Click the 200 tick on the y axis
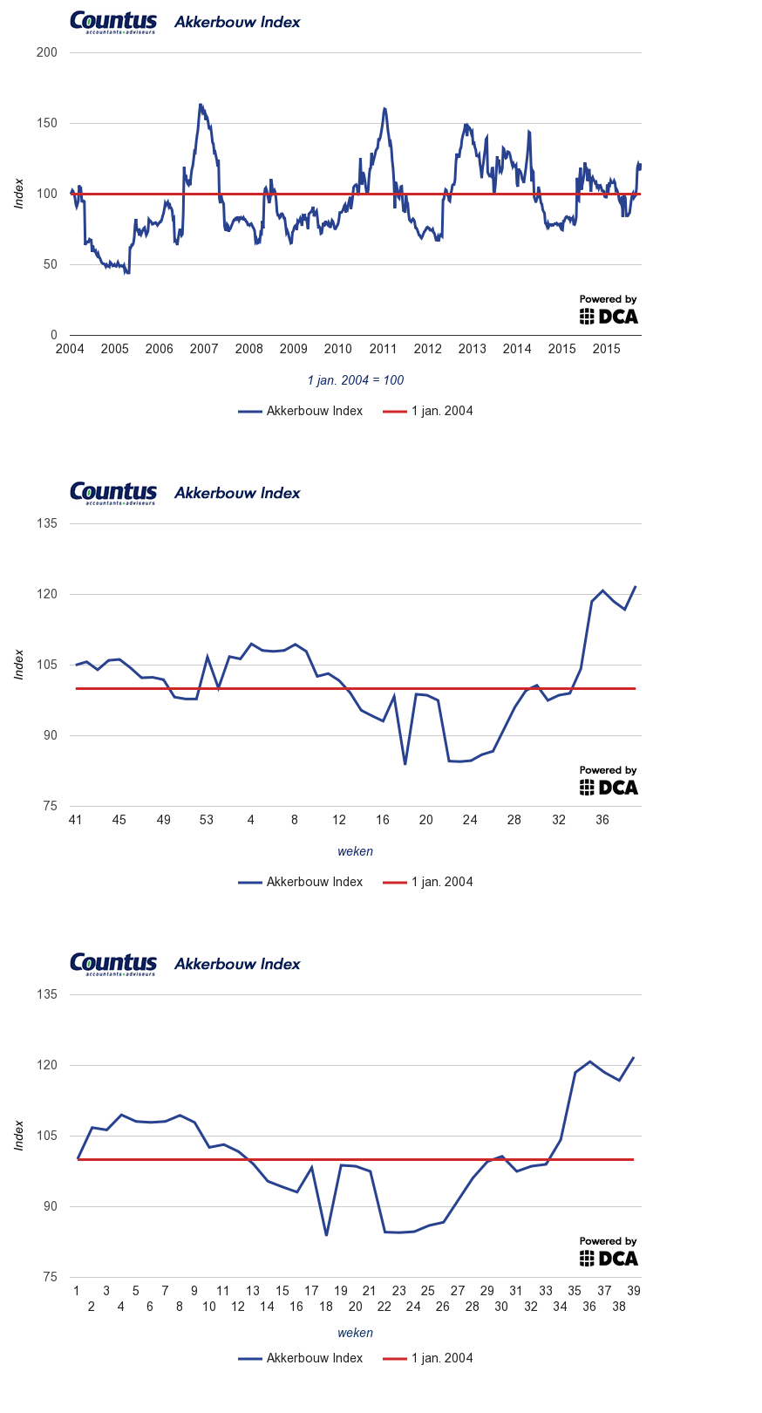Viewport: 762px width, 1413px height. (x=47, y=52)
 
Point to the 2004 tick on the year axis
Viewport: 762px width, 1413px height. (x=70, y=349)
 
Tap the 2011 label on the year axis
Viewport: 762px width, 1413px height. (x=383, y=349)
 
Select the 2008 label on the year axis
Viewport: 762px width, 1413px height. (x=248, y=349)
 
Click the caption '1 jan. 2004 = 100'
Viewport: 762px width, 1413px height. (x=356, y=380)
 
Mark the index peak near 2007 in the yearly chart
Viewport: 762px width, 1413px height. (x=200, y=105)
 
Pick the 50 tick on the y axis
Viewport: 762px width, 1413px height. (x=51, y=264)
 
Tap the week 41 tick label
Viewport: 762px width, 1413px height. (x=75, y=820)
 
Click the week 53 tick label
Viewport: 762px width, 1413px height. (x=207, y=820)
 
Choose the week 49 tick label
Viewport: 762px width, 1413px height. (x=163, y=820)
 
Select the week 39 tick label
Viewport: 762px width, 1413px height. (x=634, y=1291)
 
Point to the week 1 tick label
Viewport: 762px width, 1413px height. (x=77, y=1291)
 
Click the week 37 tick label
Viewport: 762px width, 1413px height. (x=604, y=1291)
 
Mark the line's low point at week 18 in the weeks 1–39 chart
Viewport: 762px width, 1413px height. (x=326, y=1235)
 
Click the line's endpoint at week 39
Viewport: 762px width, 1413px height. (x=634, y=1057)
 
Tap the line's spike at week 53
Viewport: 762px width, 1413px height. (x=207, y=656)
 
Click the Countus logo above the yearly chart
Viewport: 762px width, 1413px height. (x=113, y=22)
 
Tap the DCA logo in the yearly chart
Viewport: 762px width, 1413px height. (x=609, y=311)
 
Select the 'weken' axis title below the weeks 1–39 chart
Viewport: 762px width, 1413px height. (x=356, y=1333)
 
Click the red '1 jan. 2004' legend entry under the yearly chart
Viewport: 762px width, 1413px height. (x=429, y=411)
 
